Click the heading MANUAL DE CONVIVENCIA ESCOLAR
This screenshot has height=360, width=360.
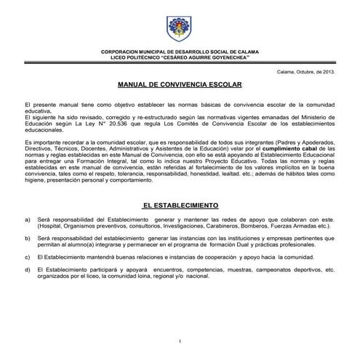click(180, 85)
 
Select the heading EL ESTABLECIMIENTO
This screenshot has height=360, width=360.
click(180, 205)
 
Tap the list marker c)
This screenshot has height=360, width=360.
click(28, 257)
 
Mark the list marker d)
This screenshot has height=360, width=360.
click(28, 269)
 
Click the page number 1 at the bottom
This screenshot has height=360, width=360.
click(180, 341)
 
